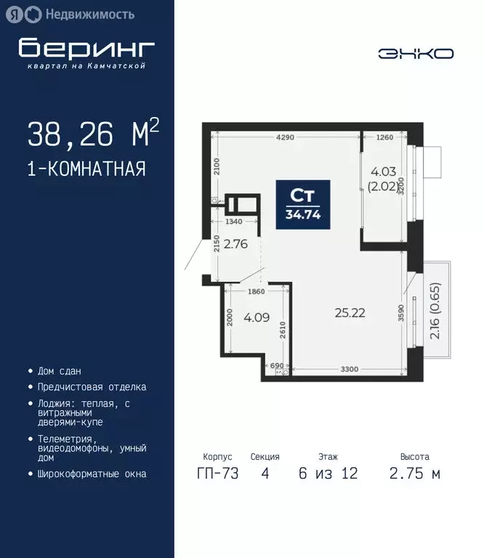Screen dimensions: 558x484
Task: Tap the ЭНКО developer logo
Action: pos(416,54)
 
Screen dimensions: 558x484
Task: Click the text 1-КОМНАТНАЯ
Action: pos(86,169)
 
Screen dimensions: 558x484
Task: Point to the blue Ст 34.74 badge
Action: pos(302,204)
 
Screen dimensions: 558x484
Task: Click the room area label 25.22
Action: pos(350,313)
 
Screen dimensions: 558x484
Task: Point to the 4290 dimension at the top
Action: pos(285,137)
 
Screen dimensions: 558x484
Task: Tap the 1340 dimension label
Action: pos(234,222)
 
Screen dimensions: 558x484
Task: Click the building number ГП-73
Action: pos(217,474)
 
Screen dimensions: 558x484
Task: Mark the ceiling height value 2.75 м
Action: pos(414,474)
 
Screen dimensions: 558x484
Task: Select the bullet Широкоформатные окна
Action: pos(91,474)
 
